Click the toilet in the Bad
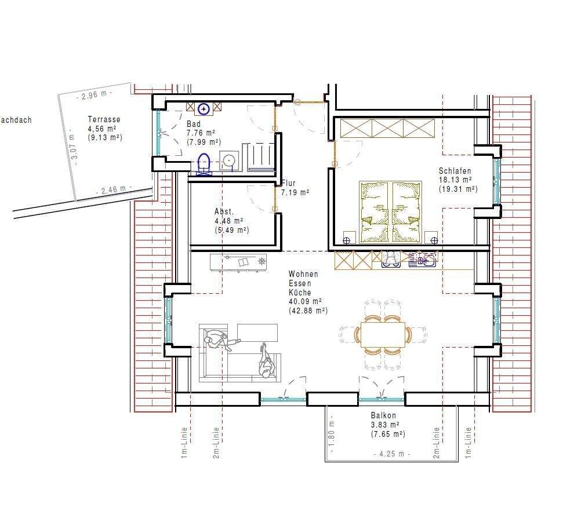click(x=204, y=164)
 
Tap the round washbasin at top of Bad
click(x=204, y=109)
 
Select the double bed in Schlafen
click(x=390, y=212)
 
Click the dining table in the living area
click(x=383, y=334)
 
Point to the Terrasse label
click(x=104, y=119)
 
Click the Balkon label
click(x=383, y=415)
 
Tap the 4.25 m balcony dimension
click(x=392, y=454)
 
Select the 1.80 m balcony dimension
click(x=332, y=433)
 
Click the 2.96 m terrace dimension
click(x=95, y=95)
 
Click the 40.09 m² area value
click(x=306, y=301)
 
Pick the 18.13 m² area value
click(x=455, y=180)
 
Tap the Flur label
click(x=289, y=183)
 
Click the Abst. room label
click(x=224, y=211)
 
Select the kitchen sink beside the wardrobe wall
click(x=423, y=260)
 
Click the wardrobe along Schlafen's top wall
click(x=388, y=127)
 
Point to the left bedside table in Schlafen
click(x=349, y=237)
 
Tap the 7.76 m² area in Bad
click(x=201, y=133)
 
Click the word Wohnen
click(x=303, y=273)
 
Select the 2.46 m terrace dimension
click(x=114, y=190)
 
